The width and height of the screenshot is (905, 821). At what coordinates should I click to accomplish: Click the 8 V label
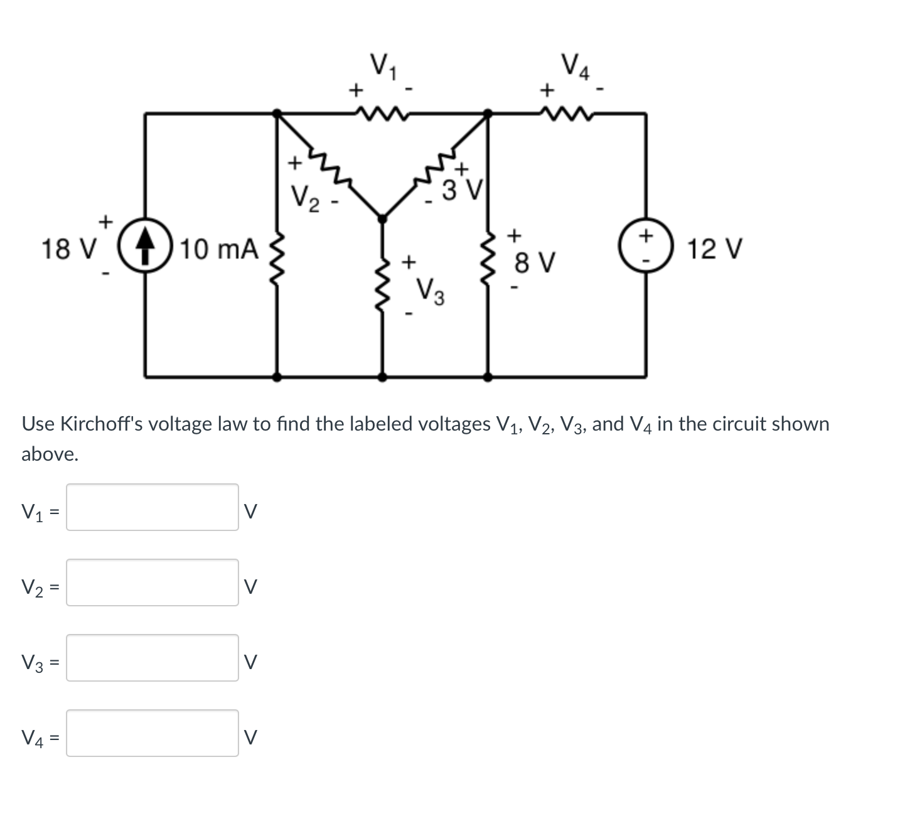click(533, 262)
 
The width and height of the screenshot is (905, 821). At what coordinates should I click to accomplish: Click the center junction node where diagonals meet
click(382, 218)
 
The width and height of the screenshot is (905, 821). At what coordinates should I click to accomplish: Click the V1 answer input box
click(153, 507)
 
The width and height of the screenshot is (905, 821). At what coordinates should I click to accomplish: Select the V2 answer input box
click(153, 582)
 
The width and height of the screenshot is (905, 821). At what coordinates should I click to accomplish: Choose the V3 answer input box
click(153, 658)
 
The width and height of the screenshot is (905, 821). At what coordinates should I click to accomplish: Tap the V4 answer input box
click(153, 733)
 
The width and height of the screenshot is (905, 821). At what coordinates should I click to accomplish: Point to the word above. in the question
click(50, 454)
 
